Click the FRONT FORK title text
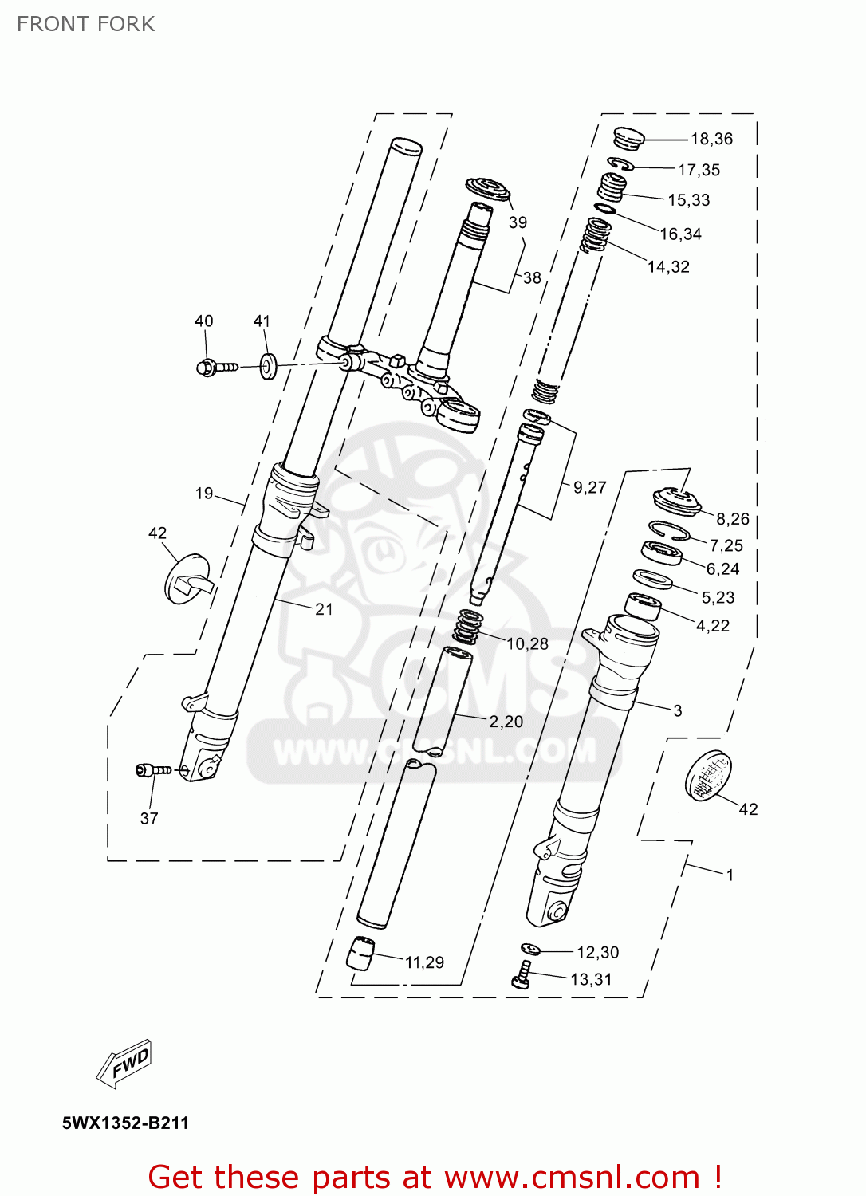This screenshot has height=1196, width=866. (x=85, y=24)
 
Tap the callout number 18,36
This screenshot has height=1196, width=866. (x=711, y=139)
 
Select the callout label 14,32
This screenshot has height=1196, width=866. (x=668, y=267)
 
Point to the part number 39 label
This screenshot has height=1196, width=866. (x=518, y=222)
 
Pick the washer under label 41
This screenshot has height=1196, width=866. (x=268, y=366)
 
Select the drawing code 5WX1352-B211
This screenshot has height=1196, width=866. (x=126, y=1123)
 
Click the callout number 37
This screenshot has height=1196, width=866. (x=149, y=818)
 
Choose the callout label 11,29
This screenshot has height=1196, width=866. (x=424, y=962)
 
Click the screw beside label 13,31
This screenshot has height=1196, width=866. (x=522, y=974)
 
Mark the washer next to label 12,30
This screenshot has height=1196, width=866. (x=530, y=949)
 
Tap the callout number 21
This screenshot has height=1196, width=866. (x=324, y=609)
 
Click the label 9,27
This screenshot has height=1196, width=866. (x=590, y=487)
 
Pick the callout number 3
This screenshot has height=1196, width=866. (x=678, y=710)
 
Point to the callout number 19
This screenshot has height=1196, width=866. (x=204, y=493)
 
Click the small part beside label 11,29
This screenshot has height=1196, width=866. (x=361, y=952)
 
